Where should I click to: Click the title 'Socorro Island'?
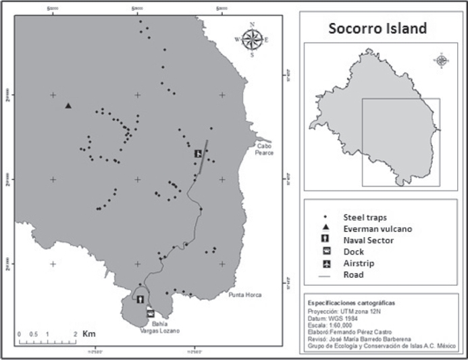(x=378, y=29)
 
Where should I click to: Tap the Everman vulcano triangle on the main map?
(x=68, y=105)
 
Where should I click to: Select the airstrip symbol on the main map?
(x=198, y=153)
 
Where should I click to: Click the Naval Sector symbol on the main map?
(x=140, y=299)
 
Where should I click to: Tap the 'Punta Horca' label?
(x=244, y=295)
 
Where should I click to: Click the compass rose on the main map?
(x=252, y=40)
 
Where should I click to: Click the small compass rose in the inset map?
(x=442, y=60)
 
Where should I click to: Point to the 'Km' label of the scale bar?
(x=88, y=334)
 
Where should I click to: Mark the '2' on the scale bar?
(x=75, y=334)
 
